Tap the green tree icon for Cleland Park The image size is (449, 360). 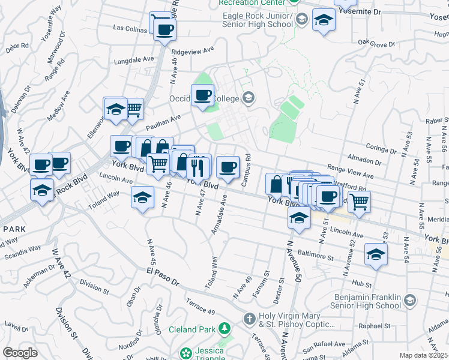click(x=224, y=328)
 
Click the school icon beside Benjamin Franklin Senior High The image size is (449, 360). click(x=410, y=300)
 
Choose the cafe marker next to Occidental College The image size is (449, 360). click(x=202, y=95)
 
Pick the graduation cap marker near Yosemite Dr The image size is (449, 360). click(x=324, y=20)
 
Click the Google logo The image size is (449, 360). click(x=20, y=353)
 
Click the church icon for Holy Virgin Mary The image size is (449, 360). click(x=249, y=317)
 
